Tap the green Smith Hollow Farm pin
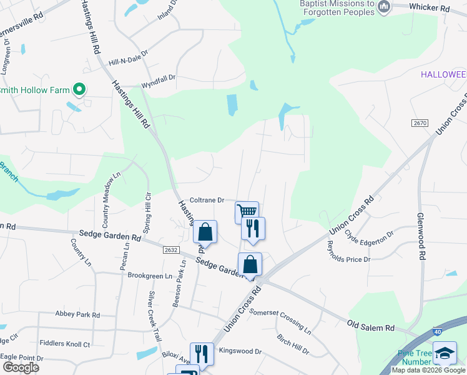[79, 90]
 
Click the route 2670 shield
[420, 123]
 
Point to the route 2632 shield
[172, 250]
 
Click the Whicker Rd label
[430, 8]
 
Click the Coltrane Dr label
[207, 200]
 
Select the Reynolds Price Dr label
[345, 252]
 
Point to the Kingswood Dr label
[240, 351]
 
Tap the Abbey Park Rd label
[77, 314]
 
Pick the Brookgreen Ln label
[149, 276]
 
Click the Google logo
[20, 367]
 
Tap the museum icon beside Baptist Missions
[384, 7]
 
